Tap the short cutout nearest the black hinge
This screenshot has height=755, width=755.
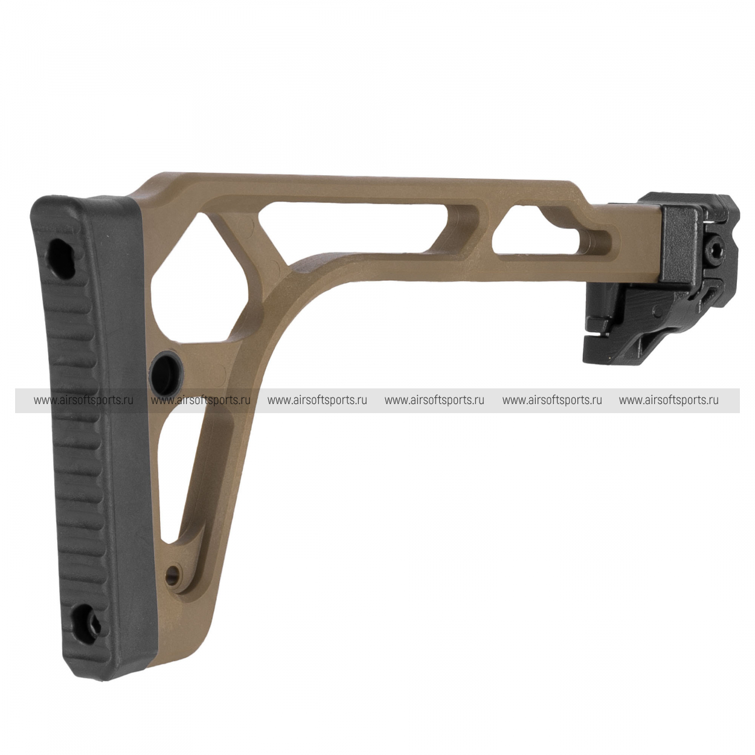click(553, 231)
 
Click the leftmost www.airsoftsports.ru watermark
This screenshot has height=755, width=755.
click(83, 400)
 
